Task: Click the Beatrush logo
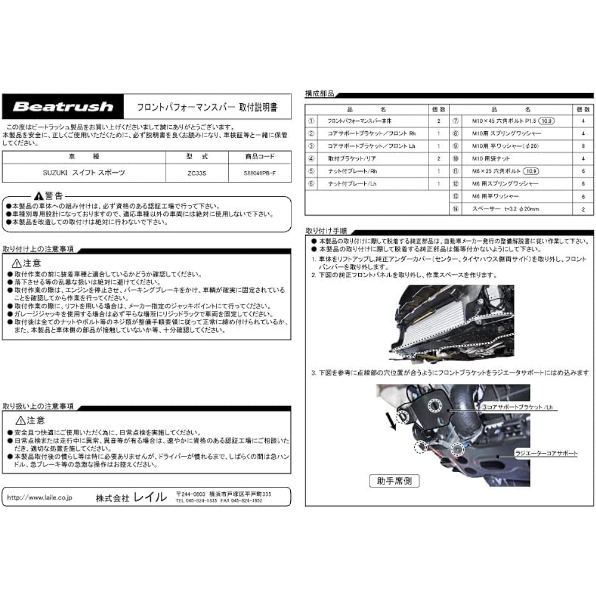[63, 107]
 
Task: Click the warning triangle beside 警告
[38, 195]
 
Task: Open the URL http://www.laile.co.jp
[39, 496]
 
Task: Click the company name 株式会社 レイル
[131, 497]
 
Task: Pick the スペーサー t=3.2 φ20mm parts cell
[511, 209]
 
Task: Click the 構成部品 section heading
[319, 94]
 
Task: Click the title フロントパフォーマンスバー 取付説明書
[206, 108]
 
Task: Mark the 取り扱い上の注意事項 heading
[38, 406]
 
